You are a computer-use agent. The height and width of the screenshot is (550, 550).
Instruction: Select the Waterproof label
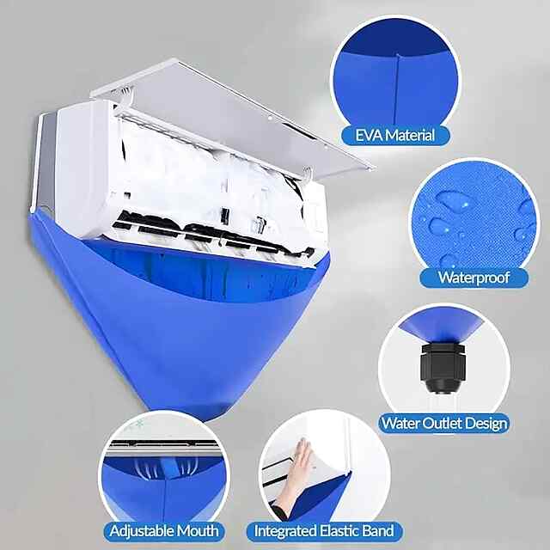pyautogui.click(x=474, y=278)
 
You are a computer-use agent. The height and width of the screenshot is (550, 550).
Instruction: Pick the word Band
pyautogui.click(x=380, y=531)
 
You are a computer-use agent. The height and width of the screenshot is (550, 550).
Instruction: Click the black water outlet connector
pyautogui.click(x=443, y=368)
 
